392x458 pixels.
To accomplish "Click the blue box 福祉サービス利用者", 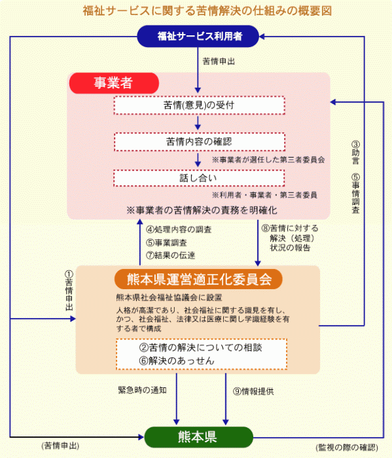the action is pyautogui.click(x=198, y=36).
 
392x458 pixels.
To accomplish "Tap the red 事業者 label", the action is pyautogui.click(x=114, y=83).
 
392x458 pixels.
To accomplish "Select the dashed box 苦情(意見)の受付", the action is pyautogui.click(x=199, y=105).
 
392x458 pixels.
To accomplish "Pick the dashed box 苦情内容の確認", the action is pyautogui.click(x=199, y=142).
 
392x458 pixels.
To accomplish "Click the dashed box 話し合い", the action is pyautogui.click(x=199, y=178).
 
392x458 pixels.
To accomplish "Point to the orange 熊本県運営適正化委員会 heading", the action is pyautogui.click(x=199, y=279).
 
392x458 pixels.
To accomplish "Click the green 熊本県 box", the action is pyautogui.click(x=199, y=437).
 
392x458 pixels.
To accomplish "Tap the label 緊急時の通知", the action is pyautogui.click(x=142, y=390).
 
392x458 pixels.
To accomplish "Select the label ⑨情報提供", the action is pyautogui.click(x=253, y=391).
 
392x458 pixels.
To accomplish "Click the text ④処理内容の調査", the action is pyautogui.click(x=179, y=230).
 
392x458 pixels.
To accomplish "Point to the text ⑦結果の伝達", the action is pyautogui.click(x=171, y=255).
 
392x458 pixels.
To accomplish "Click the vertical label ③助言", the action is pyautogui.click(x=355, y=152).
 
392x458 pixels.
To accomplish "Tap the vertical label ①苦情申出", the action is pyautogui.click(x=69, y=291).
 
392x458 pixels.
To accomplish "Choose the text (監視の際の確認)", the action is pyautogui.click(x=347, y=448).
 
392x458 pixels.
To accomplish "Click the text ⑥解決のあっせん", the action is pyautogui.click(x=177, y=361).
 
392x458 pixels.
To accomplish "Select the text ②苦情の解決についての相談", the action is pyautogui.click(x=201, y=347).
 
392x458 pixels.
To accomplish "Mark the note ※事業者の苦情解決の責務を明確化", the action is pyautogui.click(x=202, y=210).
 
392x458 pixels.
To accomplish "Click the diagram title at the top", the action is pyautogui.click(x=207, y=11).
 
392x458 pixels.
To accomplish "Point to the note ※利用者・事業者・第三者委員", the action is pyautogui.click(x=264, y=195).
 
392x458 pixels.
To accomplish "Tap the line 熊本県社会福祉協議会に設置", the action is pyautogui.click(x=169, y=298).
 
